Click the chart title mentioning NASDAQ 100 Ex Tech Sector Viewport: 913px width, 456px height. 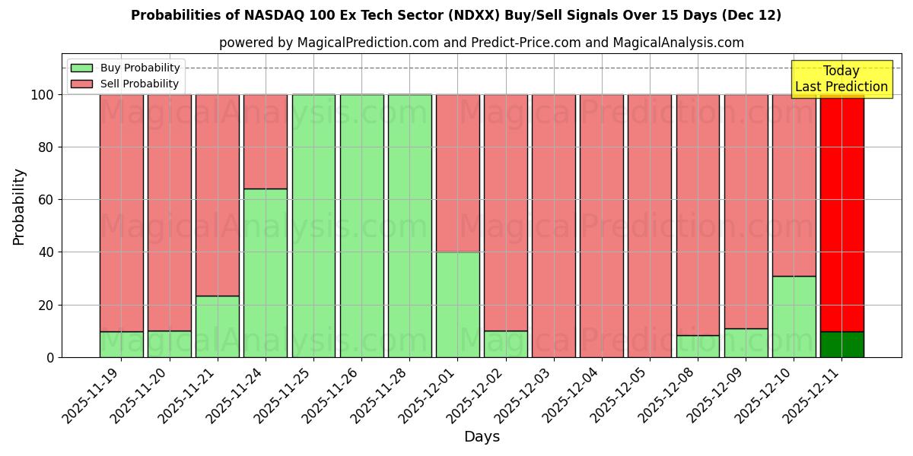(456, 15)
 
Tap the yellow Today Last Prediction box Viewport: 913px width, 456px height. (841, 79)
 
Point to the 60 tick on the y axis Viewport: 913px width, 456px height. (47, 200)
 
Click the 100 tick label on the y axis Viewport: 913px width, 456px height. (42, 95)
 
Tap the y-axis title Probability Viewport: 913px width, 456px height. (19, 207)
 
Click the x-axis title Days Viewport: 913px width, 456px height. (482, 437)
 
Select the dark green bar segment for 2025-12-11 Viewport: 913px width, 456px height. (841, 344)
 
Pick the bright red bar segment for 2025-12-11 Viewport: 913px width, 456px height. (841, 213)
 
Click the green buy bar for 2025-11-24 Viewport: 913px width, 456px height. (266, 273)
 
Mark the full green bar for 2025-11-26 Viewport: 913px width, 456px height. (361, 226)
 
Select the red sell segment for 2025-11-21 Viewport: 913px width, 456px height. (218, 195)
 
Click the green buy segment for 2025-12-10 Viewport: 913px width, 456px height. (794, 316)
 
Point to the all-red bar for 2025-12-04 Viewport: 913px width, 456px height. (602, 226)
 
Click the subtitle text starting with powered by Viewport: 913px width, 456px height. (482, 43)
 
